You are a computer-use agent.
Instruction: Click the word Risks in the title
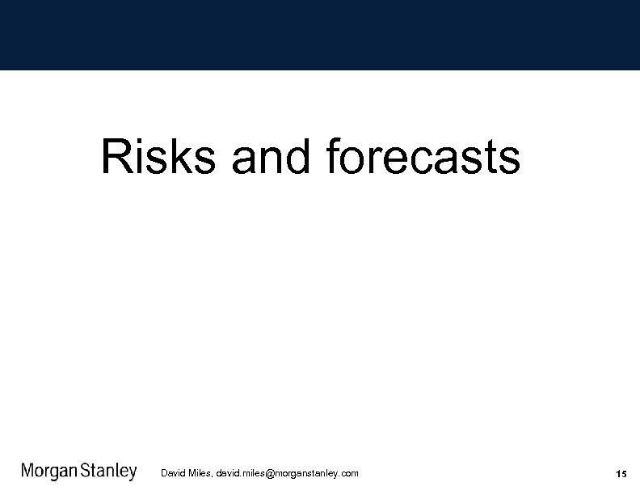tap(158, 157)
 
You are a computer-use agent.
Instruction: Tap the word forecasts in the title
tap(423, 157)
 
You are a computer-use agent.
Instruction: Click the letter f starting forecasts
tap(334, 156)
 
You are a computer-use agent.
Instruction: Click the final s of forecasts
tap(510, 160)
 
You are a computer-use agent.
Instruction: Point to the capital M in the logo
tap(27, 472)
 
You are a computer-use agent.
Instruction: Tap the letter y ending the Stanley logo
tap(133, 475)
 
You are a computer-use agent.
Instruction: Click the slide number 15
tap(621, 473)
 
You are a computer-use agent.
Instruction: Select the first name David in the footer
tap(174, 473)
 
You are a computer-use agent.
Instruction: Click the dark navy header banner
tap(320, 35)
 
